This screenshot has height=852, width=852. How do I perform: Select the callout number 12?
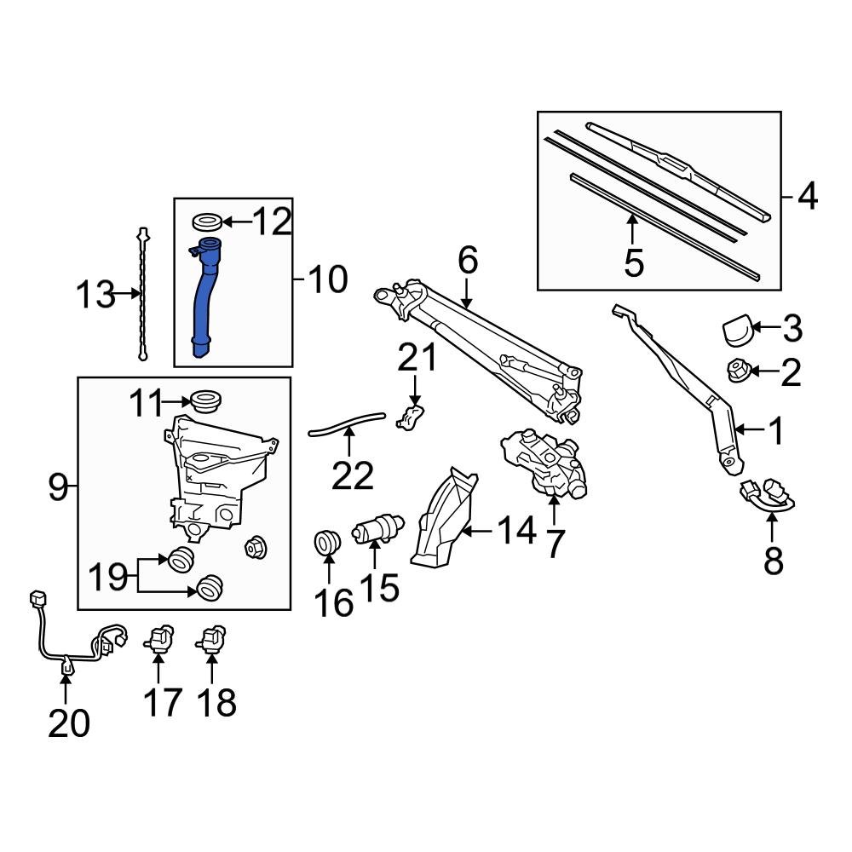click(272, 223)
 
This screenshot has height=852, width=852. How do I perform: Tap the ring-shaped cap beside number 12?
click(209, 222)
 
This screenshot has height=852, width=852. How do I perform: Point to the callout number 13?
click(95, 296)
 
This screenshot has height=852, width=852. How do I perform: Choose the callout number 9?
click(57, 488)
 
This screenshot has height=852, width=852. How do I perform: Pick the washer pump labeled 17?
click(160, 639)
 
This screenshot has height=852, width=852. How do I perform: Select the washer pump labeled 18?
click(213, 639)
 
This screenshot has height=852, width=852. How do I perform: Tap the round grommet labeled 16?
click(327, 542)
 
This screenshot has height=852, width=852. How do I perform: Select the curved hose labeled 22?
click(347, 421)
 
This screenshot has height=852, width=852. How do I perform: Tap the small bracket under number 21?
click(412, 417)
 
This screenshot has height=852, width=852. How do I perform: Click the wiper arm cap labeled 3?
click(735, 330)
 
